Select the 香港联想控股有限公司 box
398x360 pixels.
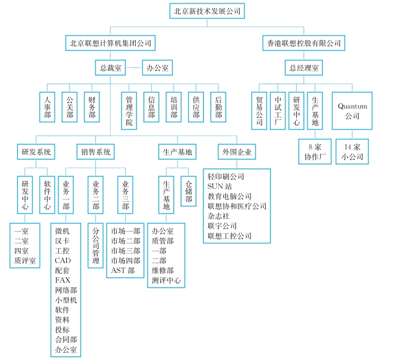302,43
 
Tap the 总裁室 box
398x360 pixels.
111,68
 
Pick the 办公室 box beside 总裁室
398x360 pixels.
157,68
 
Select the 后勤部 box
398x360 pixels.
218,107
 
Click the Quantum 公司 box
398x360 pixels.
352,110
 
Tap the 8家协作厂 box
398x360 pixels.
315,151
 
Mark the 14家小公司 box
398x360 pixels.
352,151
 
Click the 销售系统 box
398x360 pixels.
94,152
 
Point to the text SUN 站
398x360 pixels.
219,186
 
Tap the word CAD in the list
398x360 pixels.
63,260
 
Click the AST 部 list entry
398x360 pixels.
123,270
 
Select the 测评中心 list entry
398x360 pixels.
166,280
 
